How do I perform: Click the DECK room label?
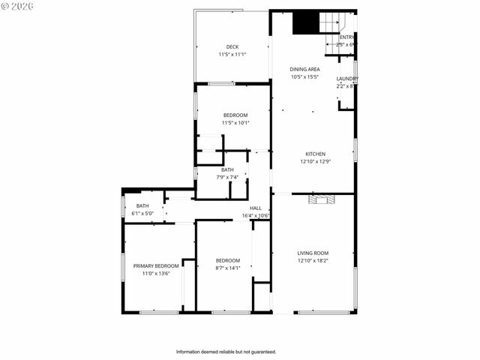coord(232,46)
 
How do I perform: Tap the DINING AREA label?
coord(304,69)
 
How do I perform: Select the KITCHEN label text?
coord(315,154)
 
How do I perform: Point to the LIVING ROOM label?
coord(313,253)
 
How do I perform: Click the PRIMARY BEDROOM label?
coord(156,265)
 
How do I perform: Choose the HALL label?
coord(255,208)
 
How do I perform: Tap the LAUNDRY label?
coord(346,79)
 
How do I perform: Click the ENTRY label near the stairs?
coord(347,37)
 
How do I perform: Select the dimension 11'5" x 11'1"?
coord(232,54)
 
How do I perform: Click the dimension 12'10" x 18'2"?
coord(313,261)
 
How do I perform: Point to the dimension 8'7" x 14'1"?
coord(228,268)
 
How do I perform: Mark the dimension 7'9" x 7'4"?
coord(227,177)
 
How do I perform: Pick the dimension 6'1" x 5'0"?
coord(142,214)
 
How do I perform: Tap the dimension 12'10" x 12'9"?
coord(315,161)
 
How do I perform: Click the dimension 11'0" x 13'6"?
coord(156,274)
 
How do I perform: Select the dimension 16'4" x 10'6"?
coord(255,216)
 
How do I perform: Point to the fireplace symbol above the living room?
coord(321,199)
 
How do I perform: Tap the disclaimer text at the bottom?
coord(226,352)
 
